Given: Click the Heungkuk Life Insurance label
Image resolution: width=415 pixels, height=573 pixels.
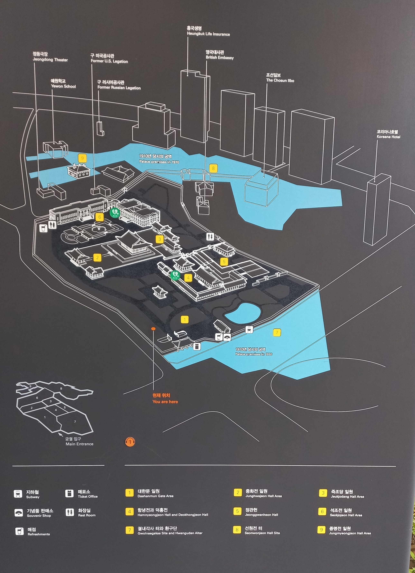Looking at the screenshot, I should coord(208,31).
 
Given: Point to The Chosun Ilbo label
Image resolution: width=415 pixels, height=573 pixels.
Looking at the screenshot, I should coord(280,78).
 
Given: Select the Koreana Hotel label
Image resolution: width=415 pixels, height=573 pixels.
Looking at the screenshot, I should coord(388,134).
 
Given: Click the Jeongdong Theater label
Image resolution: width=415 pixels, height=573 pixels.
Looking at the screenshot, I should coord(50,57).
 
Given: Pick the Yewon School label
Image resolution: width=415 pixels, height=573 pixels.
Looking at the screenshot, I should coord(63,84).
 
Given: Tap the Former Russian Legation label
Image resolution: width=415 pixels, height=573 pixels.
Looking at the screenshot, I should coord(119,85).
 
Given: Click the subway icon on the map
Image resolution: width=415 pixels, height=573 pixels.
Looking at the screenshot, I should coord(249,329).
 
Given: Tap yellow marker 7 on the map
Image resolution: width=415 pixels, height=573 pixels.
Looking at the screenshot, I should coord(277,332).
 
